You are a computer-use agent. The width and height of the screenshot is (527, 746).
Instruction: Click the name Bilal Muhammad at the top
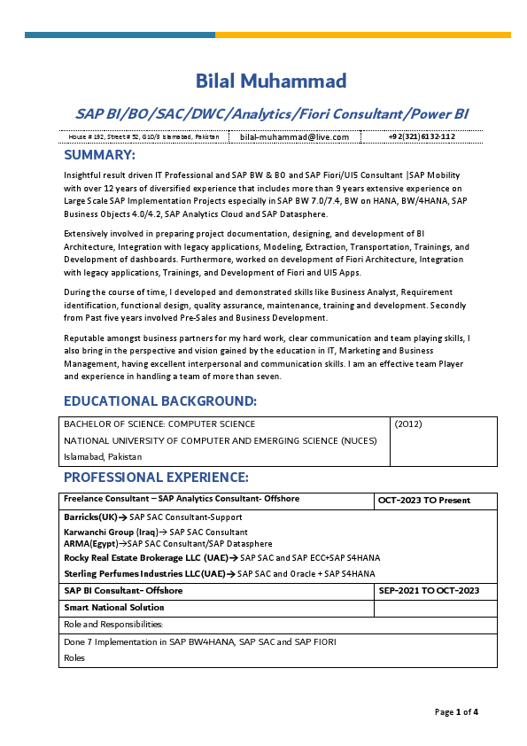pos(271,82)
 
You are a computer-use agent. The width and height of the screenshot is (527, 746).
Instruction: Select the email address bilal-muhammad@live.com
pos(294,137)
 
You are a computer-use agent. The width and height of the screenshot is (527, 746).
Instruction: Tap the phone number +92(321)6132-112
pos(422,137)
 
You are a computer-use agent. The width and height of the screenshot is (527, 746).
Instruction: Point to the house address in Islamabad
pos(143,137)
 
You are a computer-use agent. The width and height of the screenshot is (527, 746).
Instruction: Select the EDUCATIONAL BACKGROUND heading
pos(160,401)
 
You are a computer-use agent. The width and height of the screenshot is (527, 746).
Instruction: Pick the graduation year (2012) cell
pos(408,424)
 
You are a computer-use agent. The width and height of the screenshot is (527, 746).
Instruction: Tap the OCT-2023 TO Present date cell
pos(423,500)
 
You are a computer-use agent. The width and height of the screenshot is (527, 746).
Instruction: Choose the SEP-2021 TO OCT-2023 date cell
pos(429,590)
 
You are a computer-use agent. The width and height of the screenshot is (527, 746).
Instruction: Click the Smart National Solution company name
pos(113,608)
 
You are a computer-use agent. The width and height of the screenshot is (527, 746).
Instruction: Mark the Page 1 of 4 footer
pos(456,711)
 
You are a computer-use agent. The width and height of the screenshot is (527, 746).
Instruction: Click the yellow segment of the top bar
pos(363,35)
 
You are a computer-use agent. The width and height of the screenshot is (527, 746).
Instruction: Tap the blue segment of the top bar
pos(120,35)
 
